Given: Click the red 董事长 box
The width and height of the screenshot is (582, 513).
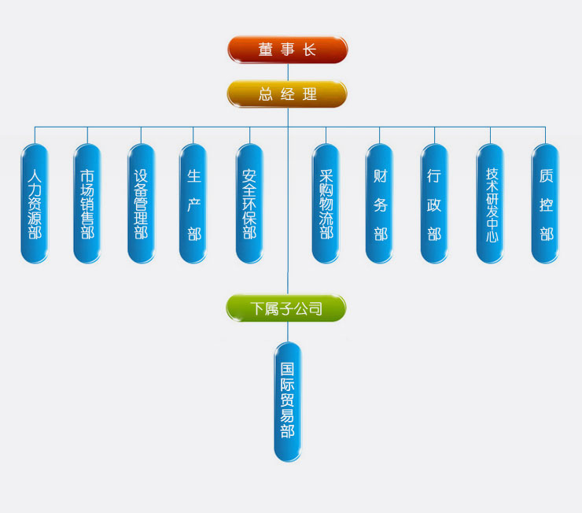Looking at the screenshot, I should pos(287,50).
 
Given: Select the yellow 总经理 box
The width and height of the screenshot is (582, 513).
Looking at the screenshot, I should pos(287,94).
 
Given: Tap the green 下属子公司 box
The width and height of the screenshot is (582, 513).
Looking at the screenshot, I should pos(286,308).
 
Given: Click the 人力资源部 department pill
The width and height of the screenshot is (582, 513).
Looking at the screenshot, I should pos(34,203).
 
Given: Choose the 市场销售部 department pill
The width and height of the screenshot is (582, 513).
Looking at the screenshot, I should pos(87,203).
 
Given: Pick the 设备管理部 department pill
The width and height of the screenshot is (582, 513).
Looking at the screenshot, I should pos(141,203).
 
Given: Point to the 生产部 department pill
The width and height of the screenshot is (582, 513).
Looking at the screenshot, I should pos(193,203).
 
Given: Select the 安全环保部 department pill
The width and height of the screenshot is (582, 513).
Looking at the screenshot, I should pos(249,203).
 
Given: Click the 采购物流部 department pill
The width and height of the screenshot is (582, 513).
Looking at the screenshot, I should pos(326,203).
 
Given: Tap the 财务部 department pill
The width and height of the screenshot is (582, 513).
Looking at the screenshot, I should pos(380,203).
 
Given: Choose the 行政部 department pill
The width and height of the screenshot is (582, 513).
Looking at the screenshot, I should pos(434,203).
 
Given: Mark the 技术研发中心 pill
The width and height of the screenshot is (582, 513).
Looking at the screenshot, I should pos(491,203).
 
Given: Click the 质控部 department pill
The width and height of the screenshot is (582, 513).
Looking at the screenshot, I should pos(545,203).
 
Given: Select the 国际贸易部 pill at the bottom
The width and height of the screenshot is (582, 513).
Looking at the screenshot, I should pos(287,401).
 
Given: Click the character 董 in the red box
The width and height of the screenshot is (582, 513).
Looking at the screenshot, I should pos(266,50).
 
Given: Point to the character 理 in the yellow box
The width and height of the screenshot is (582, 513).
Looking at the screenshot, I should pos(309,94).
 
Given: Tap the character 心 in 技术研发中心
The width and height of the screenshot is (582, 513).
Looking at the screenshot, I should pos(491,234).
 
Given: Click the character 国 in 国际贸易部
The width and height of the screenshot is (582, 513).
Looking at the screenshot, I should pos(287,368).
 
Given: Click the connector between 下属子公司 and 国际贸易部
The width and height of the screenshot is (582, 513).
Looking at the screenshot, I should pos(287,331).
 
